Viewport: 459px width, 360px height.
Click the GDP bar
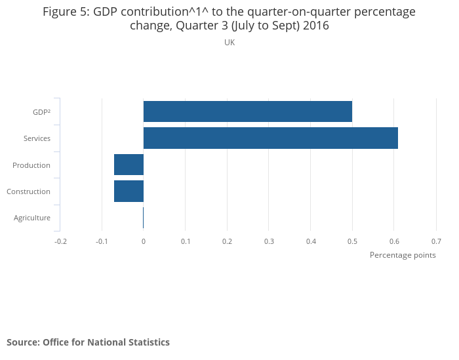(248, 111)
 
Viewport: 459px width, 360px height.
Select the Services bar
(270, 138)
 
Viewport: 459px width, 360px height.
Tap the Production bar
(129, 165)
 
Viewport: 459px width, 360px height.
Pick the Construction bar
(129, 191)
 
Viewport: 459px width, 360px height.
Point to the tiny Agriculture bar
(143, 218)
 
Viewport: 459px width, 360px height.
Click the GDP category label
(41, 112)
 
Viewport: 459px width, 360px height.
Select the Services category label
(37, 138)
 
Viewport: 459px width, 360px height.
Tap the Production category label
(31, 165)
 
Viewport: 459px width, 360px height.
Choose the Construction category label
(28, 191)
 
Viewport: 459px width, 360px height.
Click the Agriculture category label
(32, 218)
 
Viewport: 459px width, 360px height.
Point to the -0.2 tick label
(60, 241)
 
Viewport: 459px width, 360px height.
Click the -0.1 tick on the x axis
(102, 241)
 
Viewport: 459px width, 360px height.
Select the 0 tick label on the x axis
(144, 241)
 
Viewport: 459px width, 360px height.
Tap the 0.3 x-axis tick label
(269, 241)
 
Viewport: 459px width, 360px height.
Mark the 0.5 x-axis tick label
(352, 241)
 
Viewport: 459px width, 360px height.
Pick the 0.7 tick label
(436, 241)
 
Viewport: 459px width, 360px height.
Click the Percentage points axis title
(403, 255)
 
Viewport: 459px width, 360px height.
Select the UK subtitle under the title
(229, 42)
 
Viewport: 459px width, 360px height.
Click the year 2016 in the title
(315, 26)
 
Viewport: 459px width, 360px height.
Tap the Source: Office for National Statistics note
(88, 342)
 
